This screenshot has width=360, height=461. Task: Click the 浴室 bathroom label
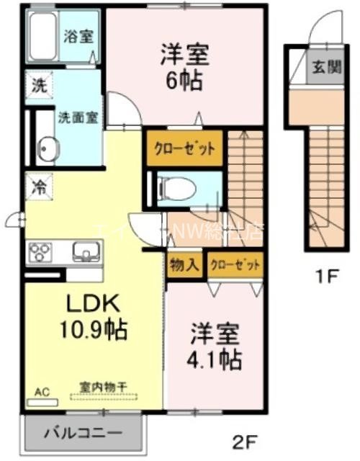pyautogui.click(x=78, y=36)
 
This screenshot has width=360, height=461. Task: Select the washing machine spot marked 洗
pyautogui.click(x=37, y=84)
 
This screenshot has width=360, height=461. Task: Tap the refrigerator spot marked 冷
pyautogui.click(x=37, y=186)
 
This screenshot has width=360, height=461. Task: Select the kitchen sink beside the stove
pyautogui.click(x=85, y=252)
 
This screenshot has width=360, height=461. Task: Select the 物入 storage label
pyautogui.click(x=184, y=265)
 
